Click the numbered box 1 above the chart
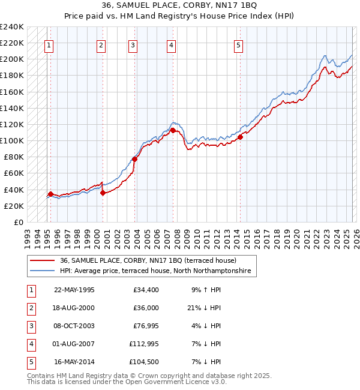[49, 44]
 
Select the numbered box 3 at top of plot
[133, 44]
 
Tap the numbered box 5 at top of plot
[238, 44]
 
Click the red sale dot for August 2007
[172, 130]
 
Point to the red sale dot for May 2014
[240, 137]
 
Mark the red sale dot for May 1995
[50, 194]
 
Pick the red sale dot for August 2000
[103, 193]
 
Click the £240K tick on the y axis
[12, 27]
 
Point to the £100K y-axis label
[12, 140]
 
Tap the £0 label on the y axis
[18, 222]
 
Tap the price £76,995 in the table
[142, 326]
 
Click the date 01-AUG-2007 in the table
[74, 344]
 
